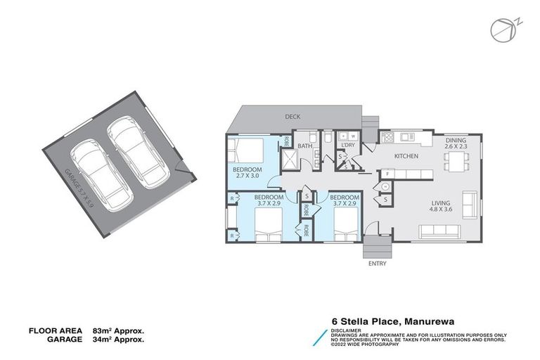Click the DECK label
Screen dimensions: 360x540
coord(293,117)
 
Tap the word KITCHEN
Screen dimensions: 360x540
coord(406,155)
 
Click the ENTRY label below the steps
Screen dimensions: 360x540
coord(377,264)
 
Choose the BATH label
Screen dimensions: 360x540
coord(304,146)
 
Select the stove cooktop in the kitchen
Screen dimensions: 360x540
coord(386,136)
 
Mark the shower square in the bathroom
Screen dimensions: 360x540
coord(290,161)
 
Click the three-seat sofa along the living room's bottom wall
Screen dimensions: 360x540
coord(439,231)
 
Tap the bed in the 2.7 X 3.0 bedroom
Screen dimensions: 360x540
coord(246,150)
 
